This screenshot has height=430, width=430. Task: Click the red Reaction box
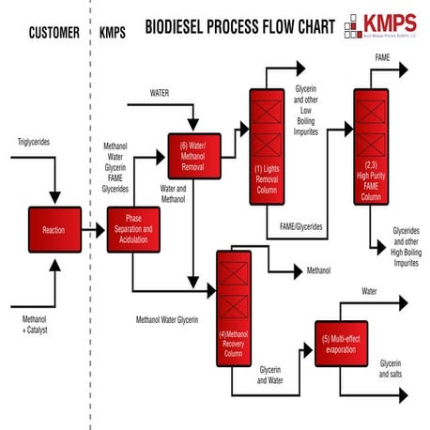[54, 229]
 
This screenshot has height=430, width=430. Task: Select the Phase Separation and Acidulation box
[131, 230]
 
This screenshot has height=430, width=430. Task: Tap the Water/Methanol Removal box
[192, 155]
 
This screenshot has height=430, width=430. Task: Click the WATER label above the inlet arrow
[166, 93]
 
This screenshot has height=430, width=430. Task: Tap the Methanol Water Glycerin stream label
[167, 320]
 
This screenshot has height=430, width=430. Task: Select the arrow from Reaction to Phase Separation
[93, 230]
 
